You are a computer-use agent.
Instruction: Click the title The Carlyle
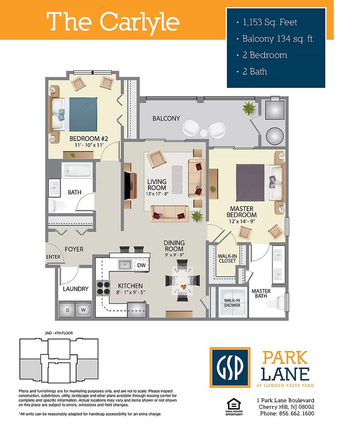pos(113,21)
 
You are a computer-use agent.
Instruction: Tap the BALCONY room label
pos(166,118)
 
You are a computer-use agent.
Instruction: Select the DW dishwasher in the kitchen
pos(141,265)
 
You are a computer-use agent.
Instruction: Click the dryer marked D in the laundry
pos(68,309)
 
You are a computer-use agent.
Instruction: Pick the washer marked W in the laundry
pos(83,309)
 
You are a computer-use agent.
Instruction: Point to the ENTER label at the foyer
pos(53,257)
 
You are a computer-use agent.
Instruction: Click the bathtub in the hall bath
pos(77,170)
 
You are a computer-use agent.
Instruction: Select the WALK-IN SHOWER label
pos(232,303)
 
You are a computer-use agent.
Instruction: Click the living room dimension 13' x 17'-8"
pos(157,193)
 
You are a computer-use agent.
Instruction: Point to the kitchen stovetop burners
pos(103,288)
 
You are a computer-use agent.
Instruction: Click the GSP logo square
pos(230,368)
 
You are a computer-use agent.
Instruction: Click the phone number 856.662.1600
pos(297,413)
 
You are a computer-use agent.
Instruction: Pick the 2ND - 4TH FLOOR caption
pos(59,333)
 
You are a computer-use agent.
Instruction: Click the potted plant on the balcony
pos(249,109)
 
